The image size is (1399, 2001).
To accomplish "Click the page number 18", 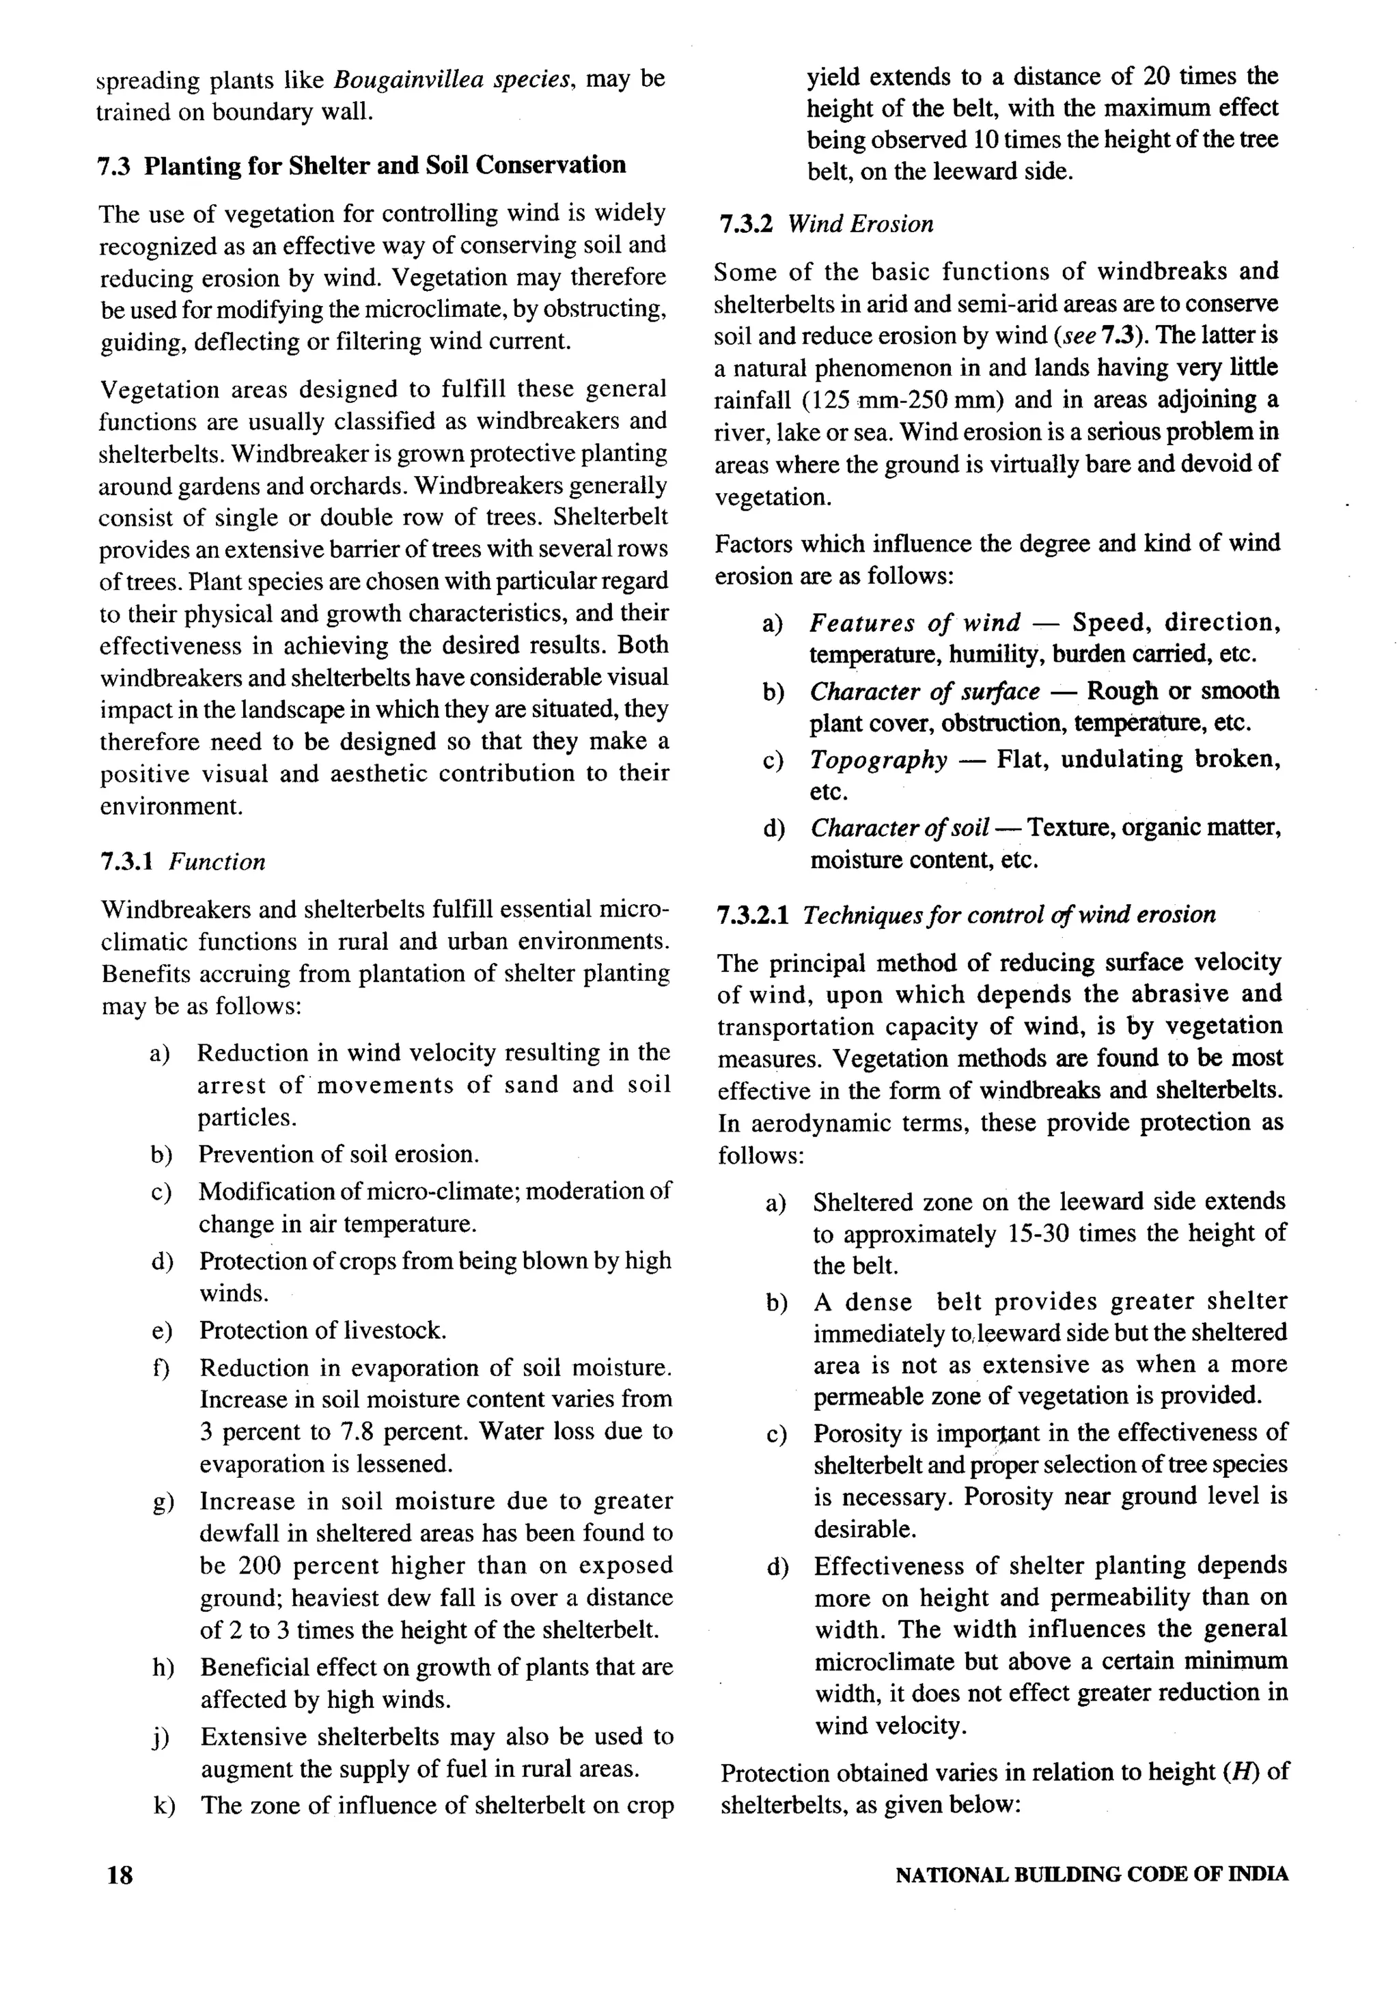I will pos(120,1874).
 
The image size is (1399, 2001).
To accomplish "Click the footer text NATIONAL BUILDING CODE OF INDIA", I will pos(1092,1874).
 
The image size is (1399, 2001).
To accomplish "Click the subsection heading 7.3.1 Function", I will pos(182,862).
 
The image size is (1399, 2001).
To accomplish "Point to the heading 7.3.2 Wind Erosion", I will pos(827,224).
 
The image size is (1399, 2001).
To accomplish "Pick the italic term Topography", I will pos(878,760).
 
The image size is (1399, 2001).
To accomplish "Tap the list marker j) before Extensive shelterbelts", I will pos(161,1737).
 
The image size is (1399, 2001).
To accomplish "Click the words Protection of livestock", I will pos(322,1330).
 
